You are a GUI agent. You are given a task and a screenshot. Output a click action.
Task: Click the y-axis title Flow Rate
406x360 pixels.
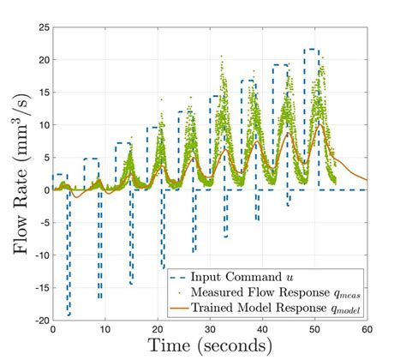tap(19, 171)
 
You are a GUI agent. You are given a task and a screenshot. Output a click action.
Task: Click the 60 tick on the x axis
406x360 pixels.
tap(367, 328)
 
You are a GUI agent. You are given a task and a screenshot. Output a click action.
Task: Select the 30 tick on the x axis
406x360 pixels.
tap(210, 328)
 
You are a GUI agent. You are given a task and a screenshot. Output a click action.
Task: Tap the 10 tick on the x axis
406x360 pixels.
tap(105, 328)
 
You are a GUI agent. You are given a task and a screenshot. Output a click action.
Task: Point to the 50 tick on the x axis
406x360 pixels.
tap(314, 328)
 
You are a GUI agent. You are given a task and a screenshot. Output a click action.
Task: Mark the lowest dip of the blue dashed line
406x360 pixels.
tap(69, 315)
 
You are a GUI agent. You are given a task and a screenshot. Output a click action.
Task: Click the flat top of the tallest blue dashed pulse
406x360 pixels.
tap(312, 50)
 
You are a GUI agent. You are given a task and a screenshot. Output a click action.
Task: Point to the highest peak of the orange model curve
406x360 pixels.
tap(319, 125)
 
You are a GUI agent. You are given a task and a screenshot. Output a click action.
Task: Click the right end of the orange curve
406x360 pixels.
tap(367, 180)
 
